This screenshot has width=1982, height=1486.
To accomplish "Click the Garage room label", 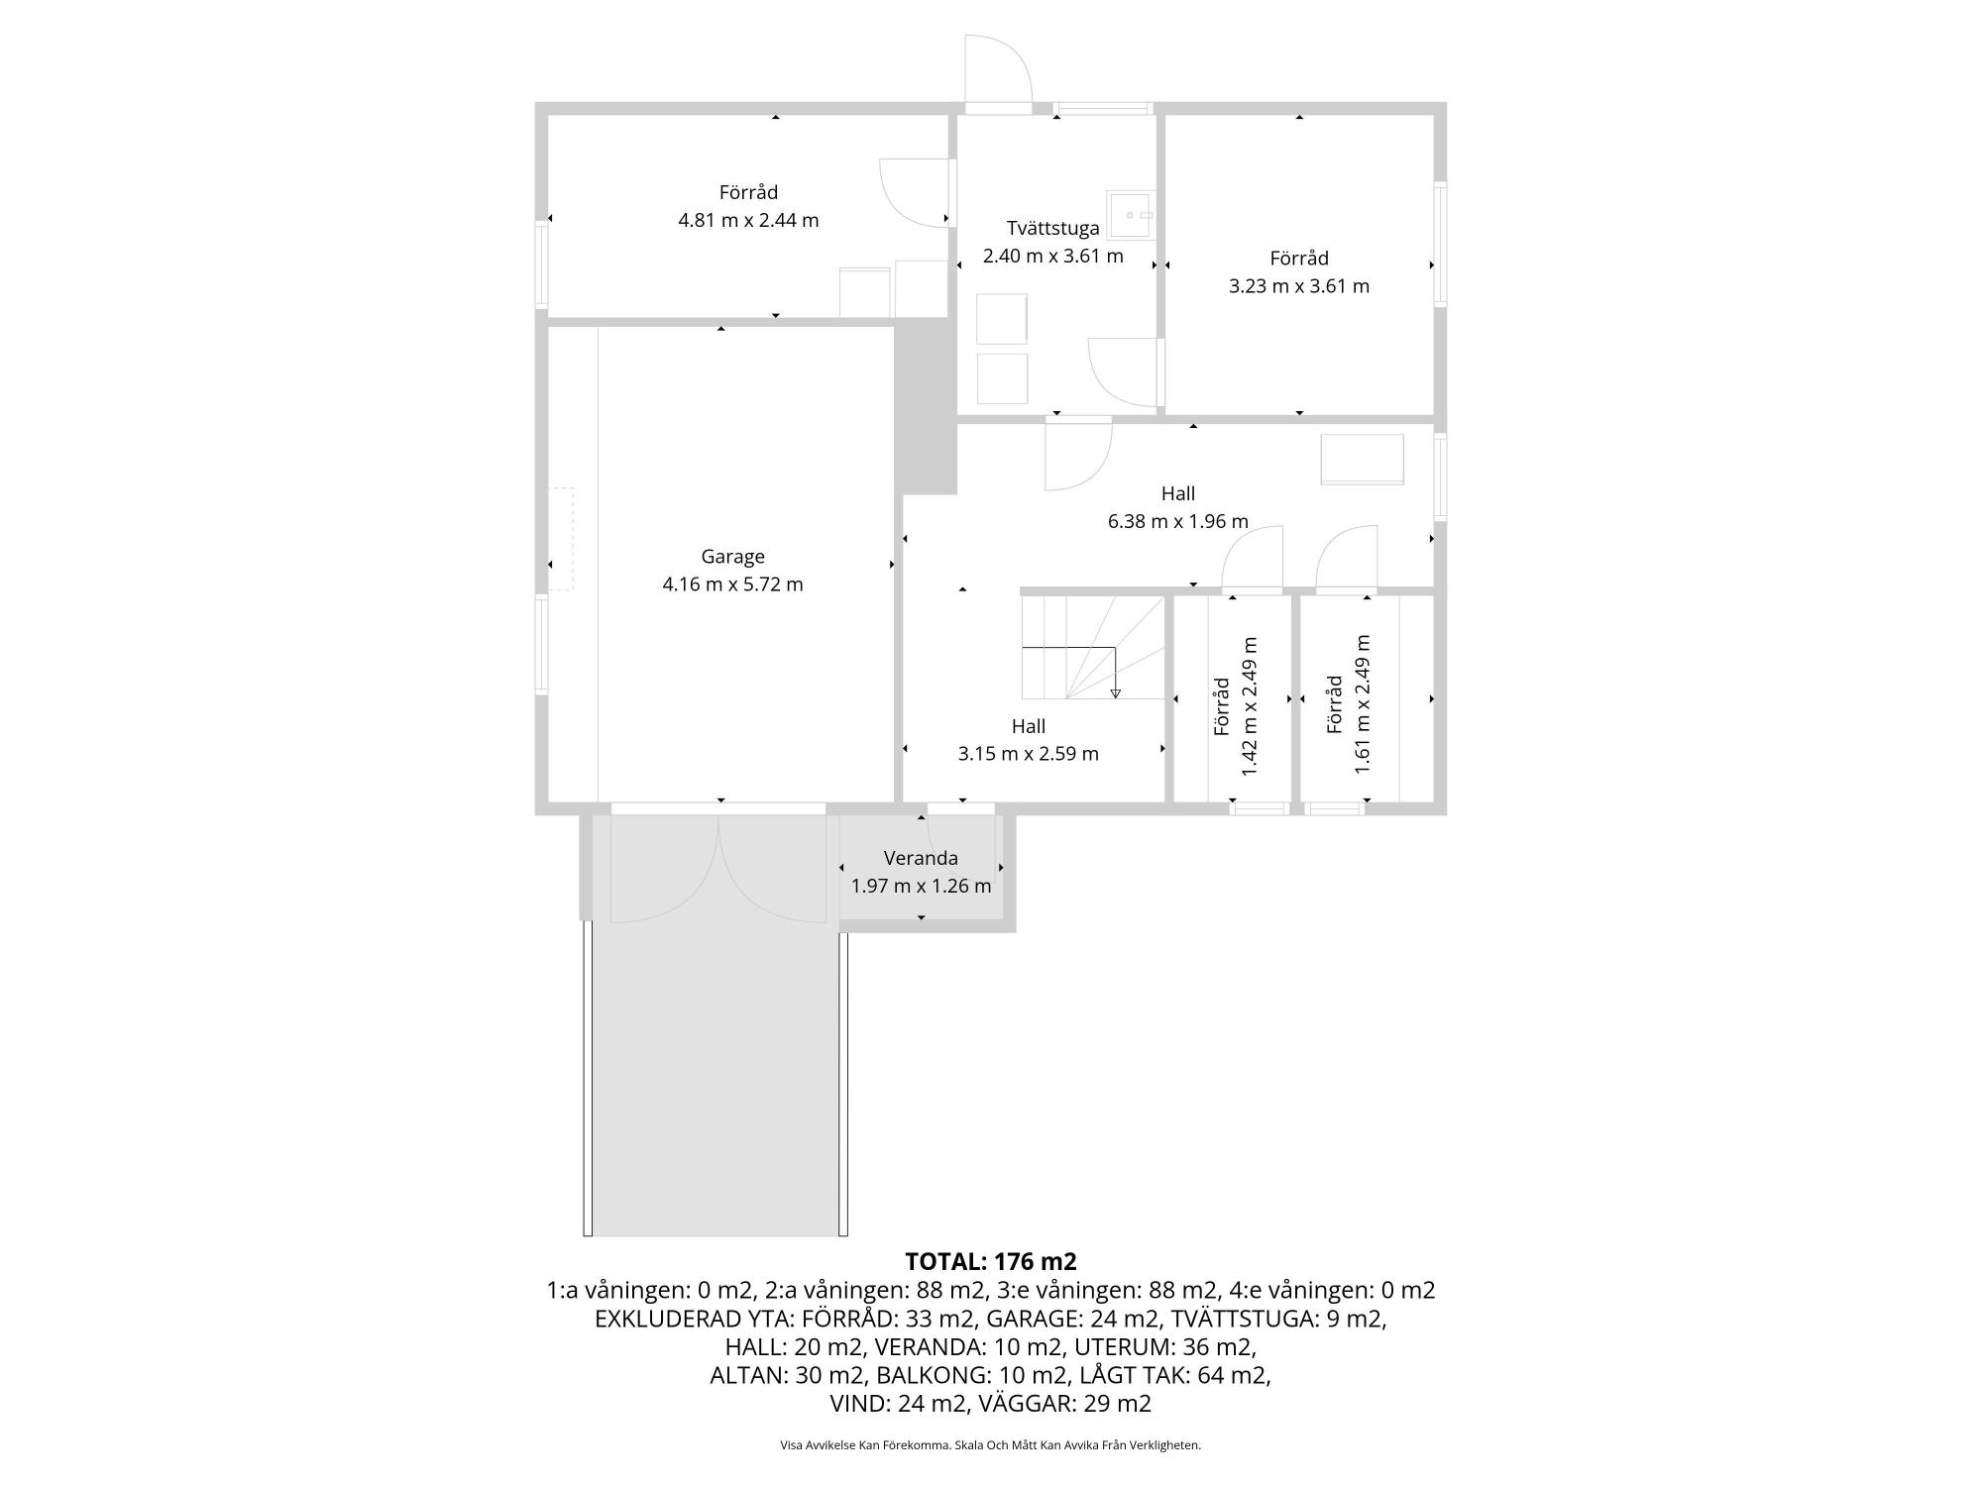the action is [x=732, y=557].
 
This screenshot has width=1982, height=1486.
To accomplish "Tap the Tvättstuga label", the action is [x=1052, y=229].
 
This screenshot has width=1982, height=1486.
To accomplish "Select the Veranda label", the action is [x=921, y=858].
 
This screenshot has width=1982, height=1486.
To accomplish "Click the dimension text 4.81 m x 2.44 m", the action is [x=748, y=220].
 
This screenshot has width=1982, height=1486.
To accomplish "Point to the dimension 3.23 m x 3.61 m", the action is [x=1299, y=286].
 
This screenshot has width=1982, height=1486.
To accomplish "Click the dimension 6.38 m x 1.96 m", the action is [x=1177, y=521].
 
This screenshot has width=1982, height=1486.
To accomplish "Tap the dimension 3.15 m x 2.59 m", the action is [x=1028, y=754].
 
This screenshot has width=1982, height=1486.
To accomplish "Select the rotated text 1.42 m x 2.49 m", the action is [x=1249, y=706].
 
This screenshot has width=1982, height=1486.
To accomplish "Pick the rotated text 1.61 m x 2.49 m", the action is [x=1363, y=703].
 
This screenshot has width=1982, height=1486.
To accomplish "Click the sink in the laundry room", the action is [x=1132, y=215].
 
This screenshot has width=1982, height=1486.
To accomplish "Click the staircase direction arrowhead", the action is [x=1116, y=693].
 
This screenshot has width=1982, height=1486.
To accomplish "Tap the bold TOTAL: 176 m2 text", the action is [x=991, y=1262].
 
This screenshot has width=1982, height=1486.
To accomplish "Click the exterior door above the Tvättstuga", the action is [x=999, y=71].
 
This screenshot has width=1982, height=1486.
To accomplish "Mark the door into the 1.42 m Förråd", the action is [x=1253, y=560].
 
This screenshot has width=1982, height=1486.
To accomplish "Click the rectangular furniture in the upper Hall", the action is [x=1363, y=460].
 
